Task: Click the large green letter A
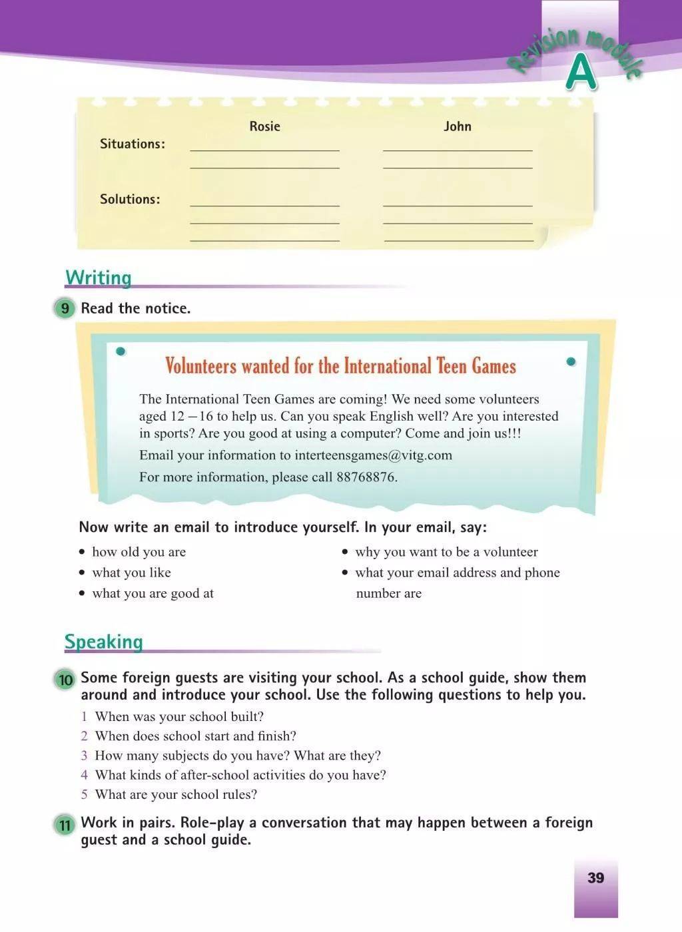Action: (x=581, y=73)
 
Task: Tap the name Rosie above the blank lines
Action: (x=264, y=126)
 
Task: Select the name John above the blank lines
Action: (x=458, y=126)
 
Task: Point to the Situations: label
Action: (x=133, y=144)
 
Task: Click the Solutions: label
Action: (x=130, y=199)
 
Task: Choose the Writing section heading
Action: (x=99, y=278)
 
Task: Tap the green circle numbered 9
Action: (x=65, y=308)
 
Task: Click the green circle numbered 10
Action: (x=65, y=680)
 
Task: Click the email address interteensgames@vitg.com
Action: (x=373, y=455)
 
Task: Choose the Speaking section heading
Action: (x=104, y=642)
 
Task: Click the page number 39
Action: (x=595, y=877)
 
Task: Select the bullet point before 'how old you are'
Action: (x=82, y=552)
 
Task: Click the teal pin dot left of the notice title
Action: (x=121, y=351)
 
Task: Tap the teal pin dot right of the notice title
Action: (x=571, y=361)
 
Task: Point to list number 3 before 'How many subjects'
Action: (x=85, y=756)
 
